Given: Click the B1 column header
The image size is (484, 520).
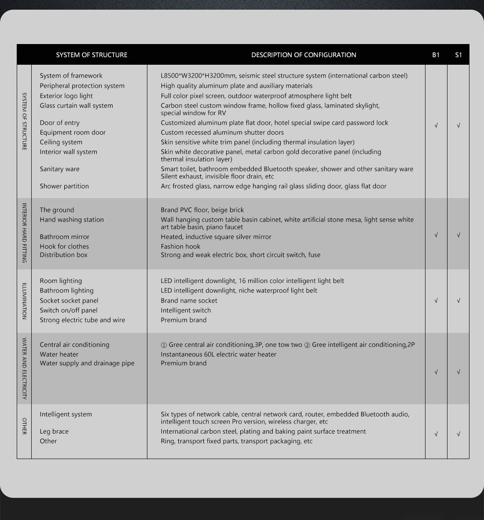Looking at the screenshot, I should tap(436, 55).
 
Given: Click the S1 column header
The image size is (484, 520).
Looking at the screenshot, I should tap(458, 55).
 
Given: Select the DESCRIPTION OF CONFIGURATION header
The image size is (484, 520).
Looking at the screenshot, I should tap(304, 55).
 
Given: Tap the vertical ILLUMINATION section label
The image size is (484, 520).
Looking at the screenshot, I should tap(24, 301).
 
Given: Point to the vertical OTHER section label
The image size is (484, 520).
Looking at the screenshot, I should tap(24, 426).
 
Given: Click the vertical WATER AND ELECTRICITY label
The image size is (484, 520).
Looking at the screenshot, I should tap(24, 369).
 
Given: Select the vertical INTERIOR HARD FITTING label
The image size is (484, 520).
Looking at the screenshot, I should tap(24, 233).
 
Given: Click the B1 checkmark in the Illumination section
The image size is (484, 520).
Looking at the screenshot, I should tap(436, 301).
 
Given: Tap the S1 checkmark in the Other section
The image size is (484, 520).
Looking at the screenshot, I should tap(458, 434).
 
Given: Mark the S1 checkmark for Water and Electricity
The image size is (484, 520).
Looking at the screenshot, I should tap(458, 372).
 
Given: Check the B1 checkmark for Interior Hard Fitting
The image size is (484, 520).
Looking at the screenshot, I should tap(436, 235).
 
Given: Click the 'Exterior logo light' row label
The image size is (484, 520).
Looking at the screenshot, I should tap(66, 96).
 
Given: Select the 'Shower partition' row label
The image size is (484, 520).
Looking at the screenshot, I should tap(64, 186).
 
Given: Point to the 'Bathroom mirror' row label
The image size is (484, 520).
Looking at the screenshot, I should tap(64, 237).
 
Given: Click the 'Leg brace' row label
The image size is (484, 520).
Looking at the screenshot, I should tap(54, 431).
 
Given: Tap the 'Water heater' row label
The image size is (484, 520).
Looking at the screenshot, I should tap(59, 354).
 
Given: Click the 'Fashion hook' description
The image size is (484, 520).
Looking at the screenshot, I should tap(180, 247).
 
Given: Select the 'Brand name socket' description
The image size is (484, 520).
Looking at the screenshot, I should tap(189, 301).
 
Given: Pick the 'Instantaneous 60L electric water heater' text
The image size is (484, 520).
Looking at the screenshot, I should tap(218, 354).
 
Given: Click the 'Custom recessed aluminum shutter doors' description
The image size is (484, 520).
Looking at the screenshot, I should tap(222, 133).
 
